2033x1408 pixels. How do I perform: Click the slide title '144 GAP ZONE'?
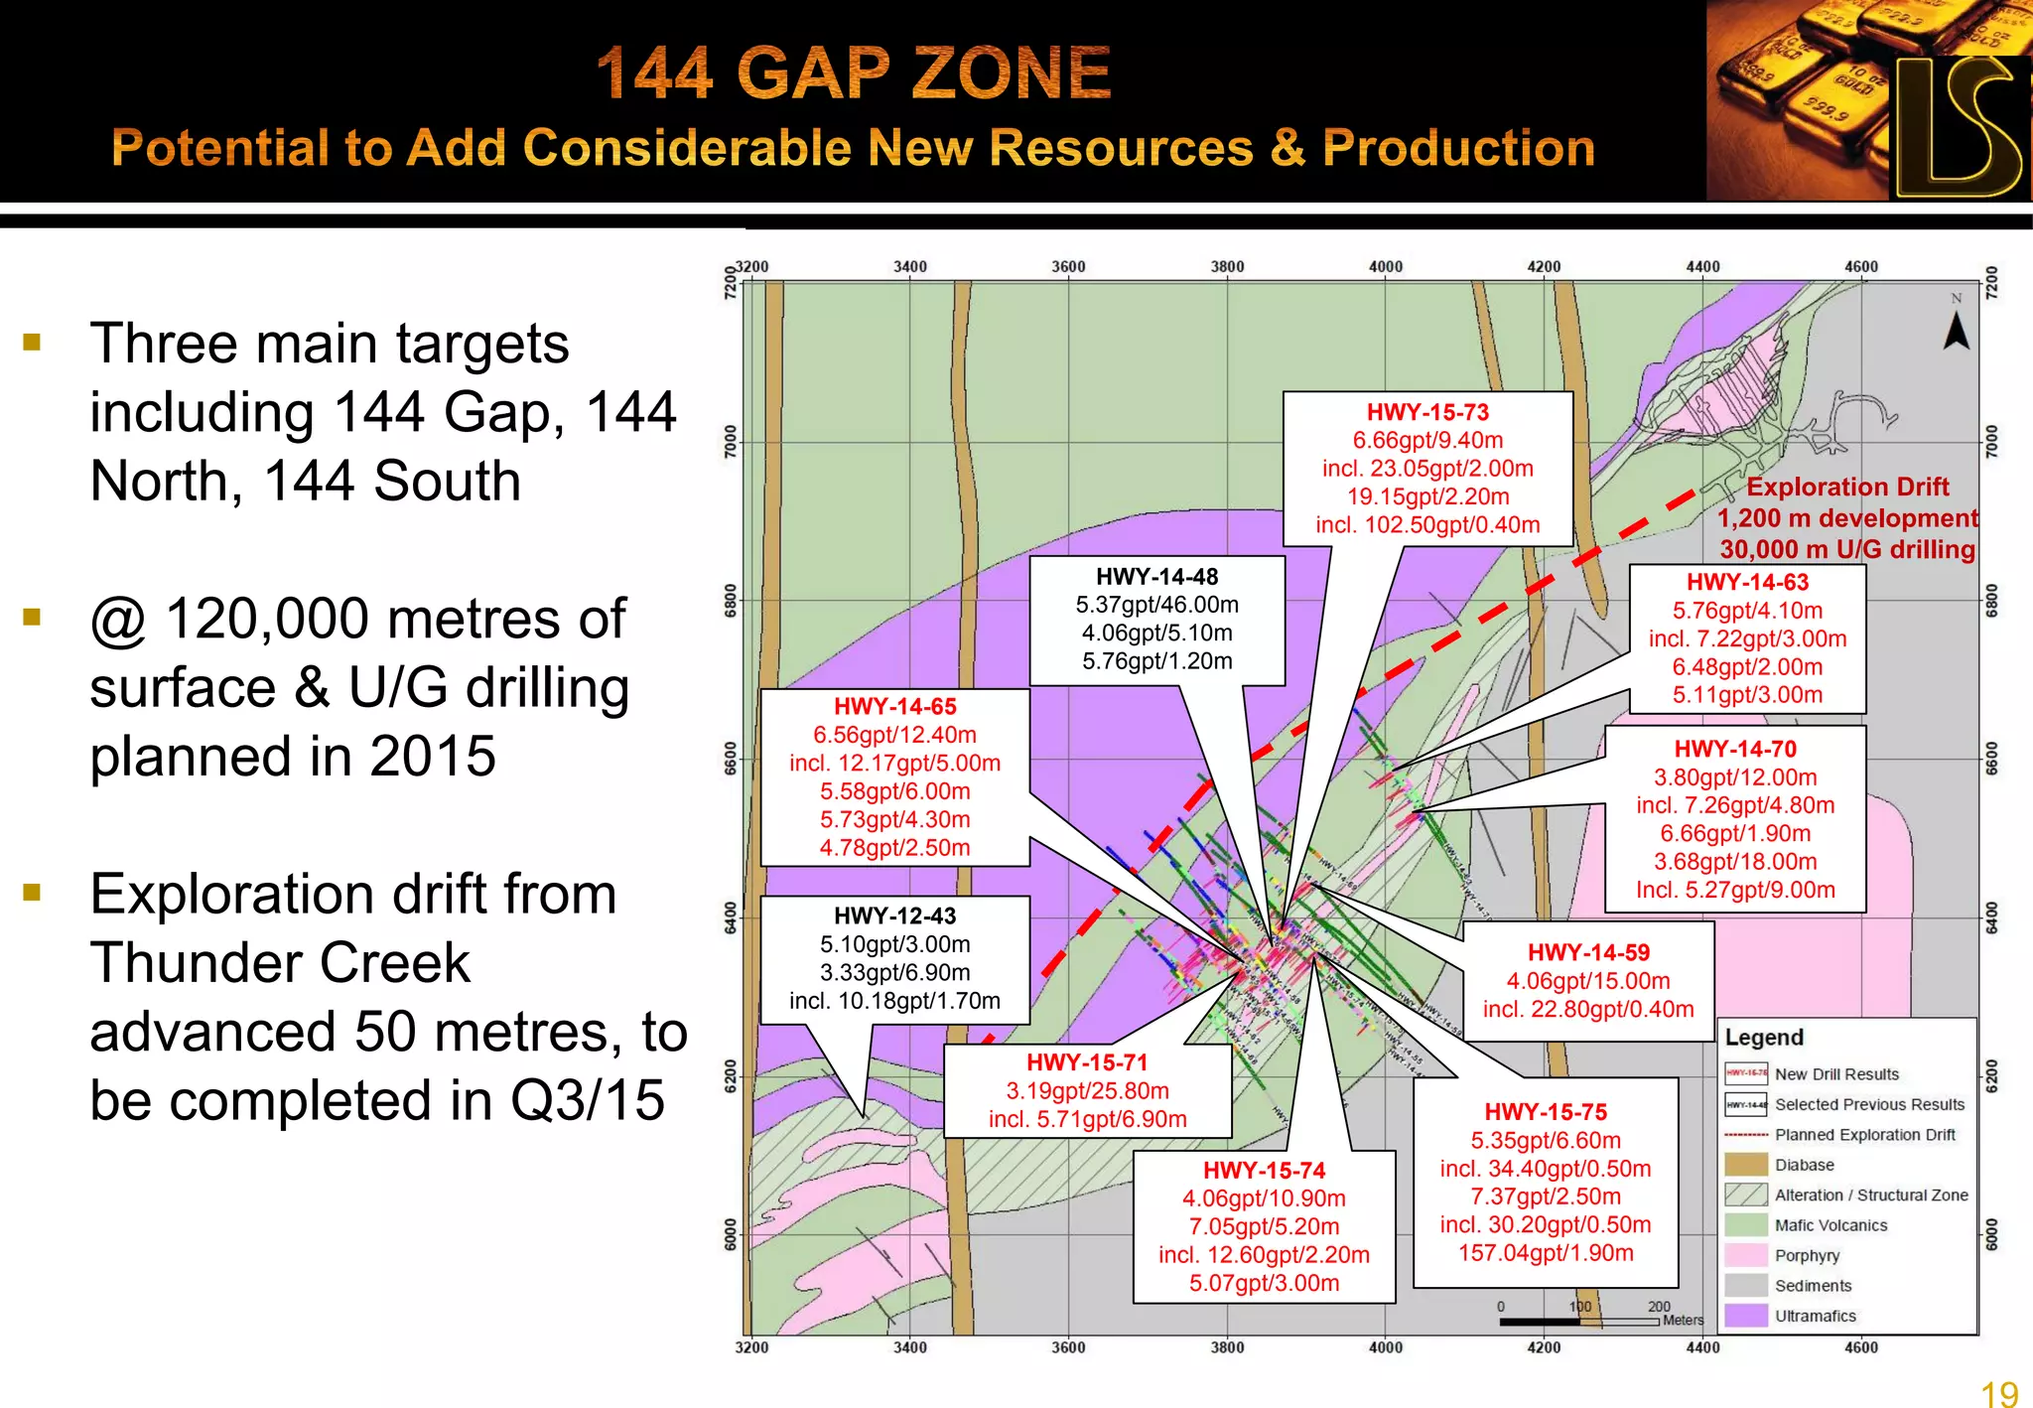(854, 73)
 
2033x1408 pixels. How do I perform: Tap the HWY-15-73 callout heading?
(1427, 412)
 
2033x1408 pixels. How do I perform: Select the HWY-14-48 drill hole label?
(1156, 577)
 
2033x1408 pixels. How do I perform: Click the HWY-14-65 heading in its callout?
(894, 707)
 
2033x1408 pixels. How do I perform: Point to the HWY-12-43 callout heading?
(894, 915)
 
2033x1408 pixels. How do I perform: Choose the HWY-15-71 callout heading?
(1087, 1062)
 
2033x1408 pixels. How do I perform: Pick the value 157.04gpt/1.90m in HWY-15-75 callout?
(1546, 1253)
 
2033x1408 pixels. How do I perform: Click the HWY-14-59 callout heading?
(1588, 953)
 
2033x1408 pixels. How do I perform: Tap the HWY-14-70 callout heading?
(1735, 749)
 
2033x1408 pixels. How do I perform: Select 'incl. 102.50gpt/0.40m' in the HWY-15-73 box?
(1427, 525)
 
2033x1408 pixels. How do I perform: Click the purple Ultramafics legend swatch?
(1746, 1316)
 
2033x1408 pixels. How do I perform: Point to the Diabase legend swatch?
(1746, 1165)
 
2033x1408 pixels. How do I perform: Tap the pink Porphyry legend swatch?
(1746, 1255)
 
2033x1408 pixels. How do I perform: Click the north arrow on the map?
(1956, 330)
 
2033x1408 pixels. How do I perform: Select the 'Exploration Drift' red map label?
(1847, 487)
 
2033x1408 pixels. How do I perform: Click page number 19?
(1999, 1393)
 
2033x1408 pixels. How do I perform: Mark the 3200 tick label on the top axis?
(751, 266)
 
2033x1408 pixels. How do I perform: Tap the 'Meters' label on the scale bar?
(1683, 1321)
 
